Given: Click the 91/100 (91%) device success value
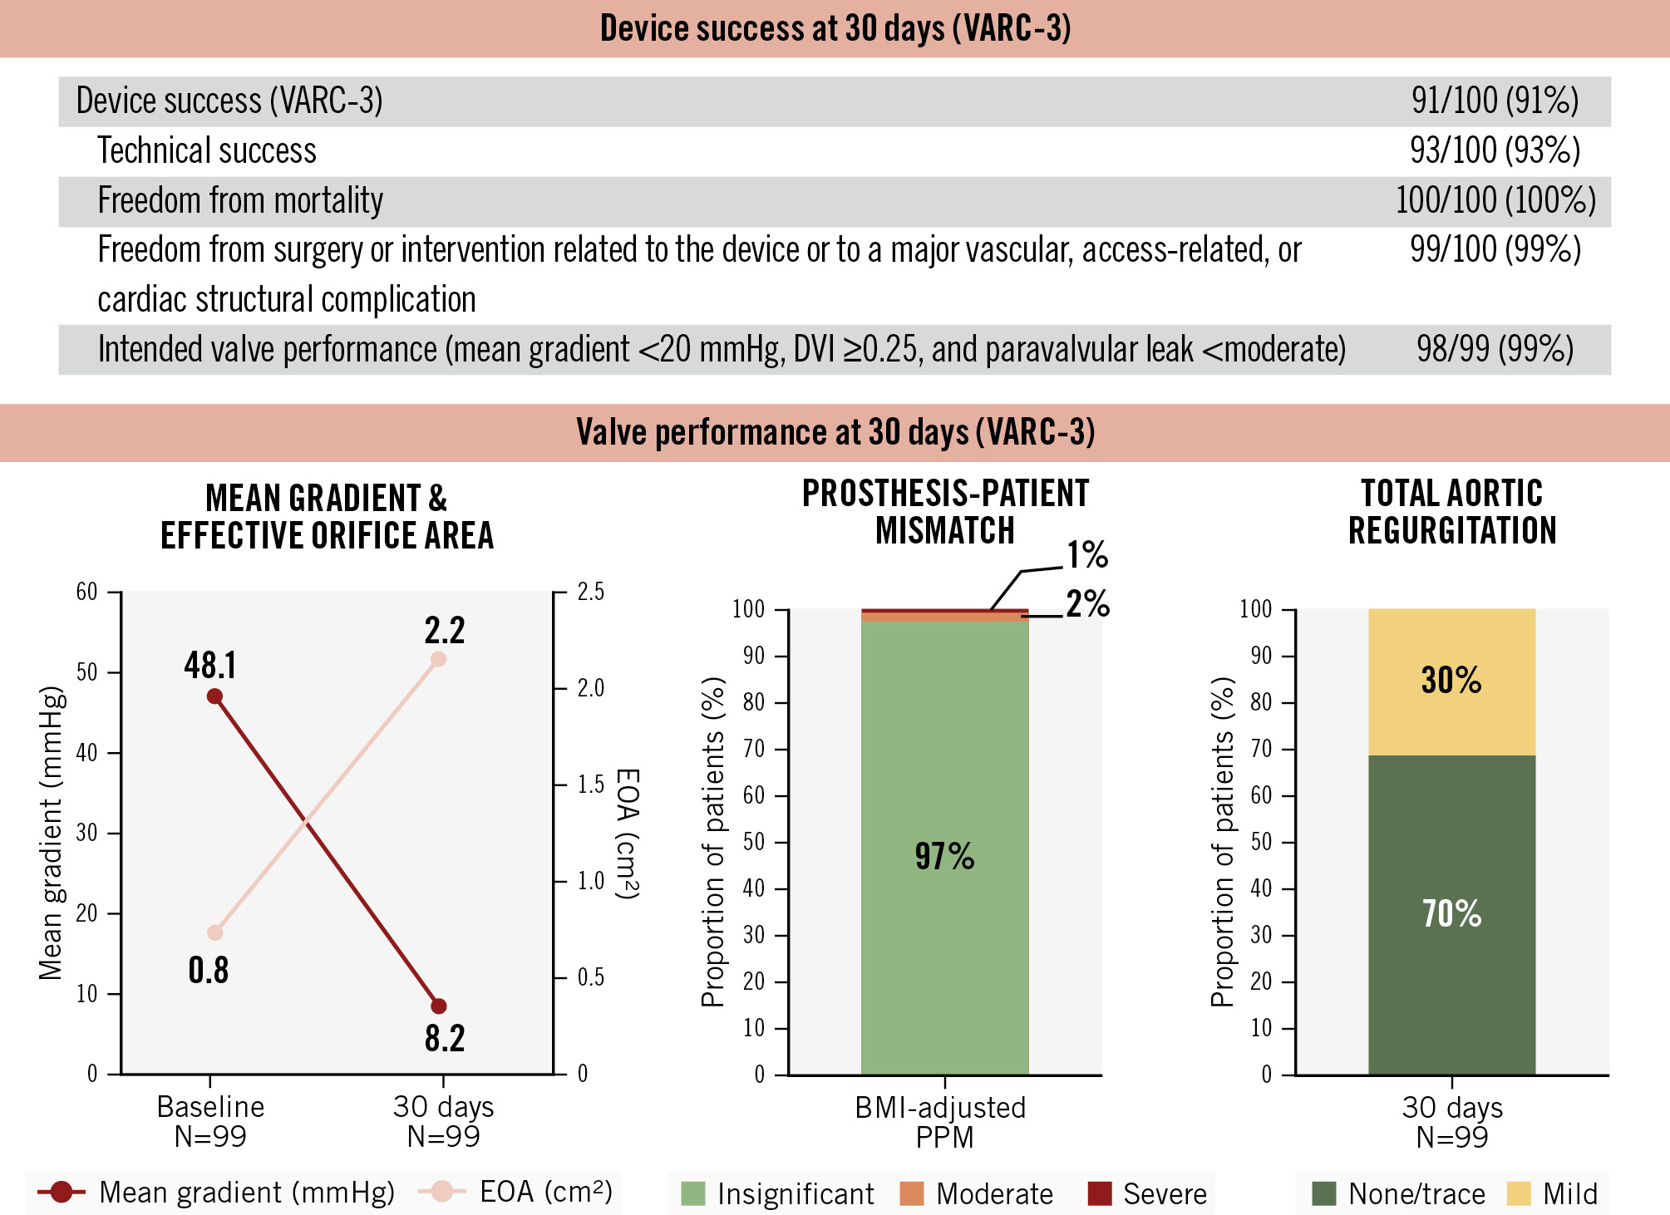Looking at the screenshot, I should point(1494,101).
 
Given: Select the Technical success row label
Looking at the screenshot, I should point(207,151).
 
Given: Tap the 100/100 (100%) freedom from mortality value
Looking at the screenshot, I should point(1495,201).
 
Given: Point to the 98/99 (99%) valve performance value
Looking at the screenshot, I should point(1495,350).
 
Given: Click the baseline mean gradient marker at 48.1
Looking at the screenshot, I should point(214,696).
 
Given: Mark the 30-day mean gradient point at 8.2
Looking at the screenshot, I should point(439,1006).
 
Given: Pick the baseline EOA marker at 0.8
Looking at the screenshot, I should point(215,932).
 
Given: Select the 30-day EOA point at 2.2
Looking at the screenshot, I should point(439,659).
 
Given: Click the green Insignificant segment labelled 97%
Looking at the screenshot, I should point(944,856).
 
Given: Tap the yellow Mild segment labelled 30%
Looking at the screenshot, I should point(1451,681).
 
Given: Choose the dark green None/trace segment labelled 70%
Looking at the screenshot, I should point(1451,914).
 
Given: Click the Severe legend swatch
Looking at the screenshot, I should point(1100,1193).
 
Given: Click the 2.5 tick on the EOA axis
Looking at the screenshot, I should point(590,592).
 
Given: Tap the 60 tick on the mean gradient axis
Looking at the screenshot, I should point(87,592).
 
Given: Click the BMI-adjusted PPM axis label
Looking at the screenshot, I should point(940,1122).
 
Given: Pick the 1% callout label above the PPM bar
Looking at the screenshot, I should point(1087,554).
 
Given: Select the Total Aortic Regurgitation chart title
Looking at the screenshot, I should point(1451,512).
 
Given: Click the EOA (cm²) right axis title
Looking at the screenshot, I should point(628,834).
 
